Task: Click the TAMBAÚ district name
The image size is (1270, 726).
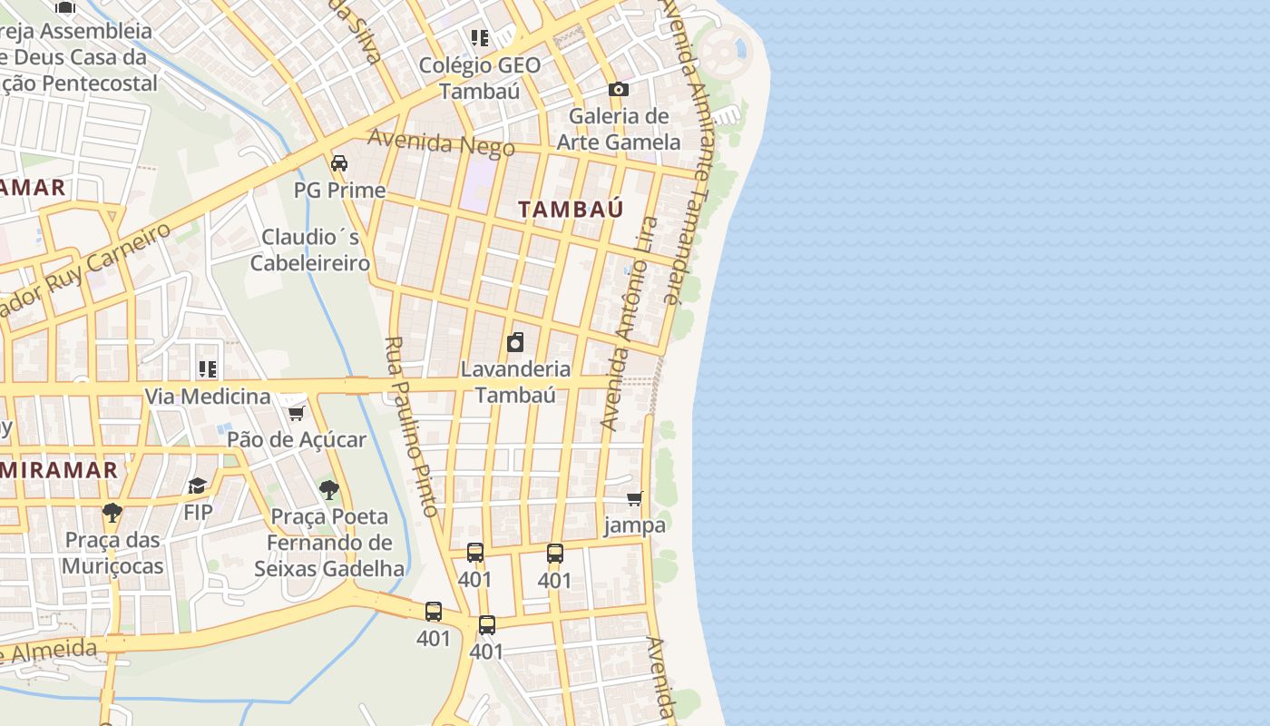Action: click(x=571, y=209)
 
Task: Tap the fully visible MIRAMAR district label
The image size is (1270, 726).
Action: click(x=60, y=470)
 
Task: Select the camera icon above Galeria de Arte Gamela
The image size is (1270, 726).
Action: click(x=619, y=89)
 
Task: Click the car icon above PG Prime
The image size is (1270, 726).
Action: click(x=339, y=163)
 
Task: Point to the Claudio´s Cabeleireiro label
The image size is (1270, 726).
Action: click(x=310, y=250)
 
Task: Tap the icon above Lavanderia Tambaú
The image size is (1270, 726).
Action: click(x=515, y=342)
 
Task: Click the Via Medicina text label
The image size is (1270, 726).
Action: click(x=208, y=397)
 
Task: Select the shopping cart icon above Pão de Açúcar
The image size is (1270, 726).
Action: click(x=296, y=414)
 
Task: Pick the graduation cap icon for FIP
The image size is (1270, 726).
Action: click(x=198, y=486)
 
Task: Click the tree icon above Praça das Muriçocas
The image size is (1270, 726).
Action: click(x=112, y=513)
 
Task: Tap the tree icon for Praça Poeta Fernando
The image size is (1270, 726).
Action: click(x=329, y=490)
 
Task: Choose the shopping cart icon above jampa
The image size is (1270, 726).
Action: click(x=635, y=498)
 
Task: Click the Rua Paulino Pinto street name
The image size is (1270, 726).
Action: click(x=412, y=427)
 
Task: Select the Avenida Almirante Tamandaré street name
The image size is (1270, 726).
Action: click(x=689, y=154)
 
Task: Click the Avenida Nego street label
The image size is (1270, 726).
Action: click(x=441, y=143)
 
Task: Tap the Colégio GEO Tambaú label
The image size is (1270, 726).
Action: click(x=480, y=78)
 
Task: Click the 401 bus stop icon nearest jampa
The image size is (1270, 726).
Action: click(x=555, y=553)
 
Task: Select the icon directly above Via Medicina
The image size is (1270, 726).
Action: click(x=208, y=369)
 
